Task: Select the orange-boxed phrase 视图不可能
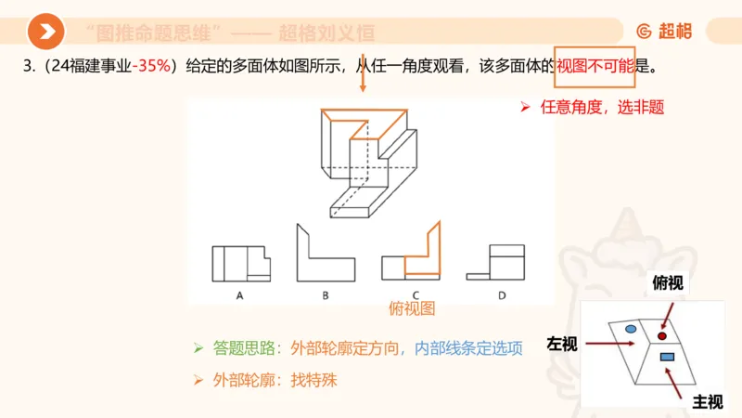coord(595,67)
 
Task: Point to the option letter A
coord(239,295)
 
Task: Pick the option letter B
coord(326,295)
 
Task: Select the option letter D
coord(502,295)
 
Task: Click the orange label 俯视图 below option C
coord(413,308)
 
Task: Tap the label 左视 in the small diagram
coord(562,344)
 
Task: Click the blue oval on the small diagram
coord(631,329)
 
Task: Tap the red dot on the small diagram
coord(663,334)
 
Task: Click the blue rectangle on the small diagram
coord(666,357)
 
